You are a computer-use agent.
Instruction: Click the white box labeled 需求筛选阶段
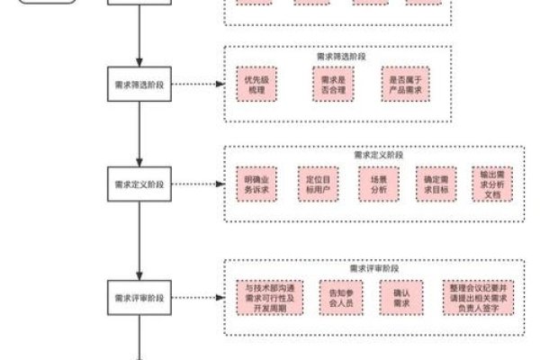click(139, 85)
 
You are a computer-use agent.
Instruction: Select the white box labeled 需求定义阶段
click(139, 184)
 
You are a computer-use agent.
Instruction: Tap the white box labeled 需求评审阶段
click(139, 297)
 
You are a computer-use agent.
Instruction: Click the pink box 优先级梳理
click(256, 85)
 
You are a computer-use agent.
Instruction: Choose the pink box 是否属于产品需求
click(402, 85)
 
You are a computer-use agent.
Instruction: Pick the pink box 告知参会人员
click(339, 298)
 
